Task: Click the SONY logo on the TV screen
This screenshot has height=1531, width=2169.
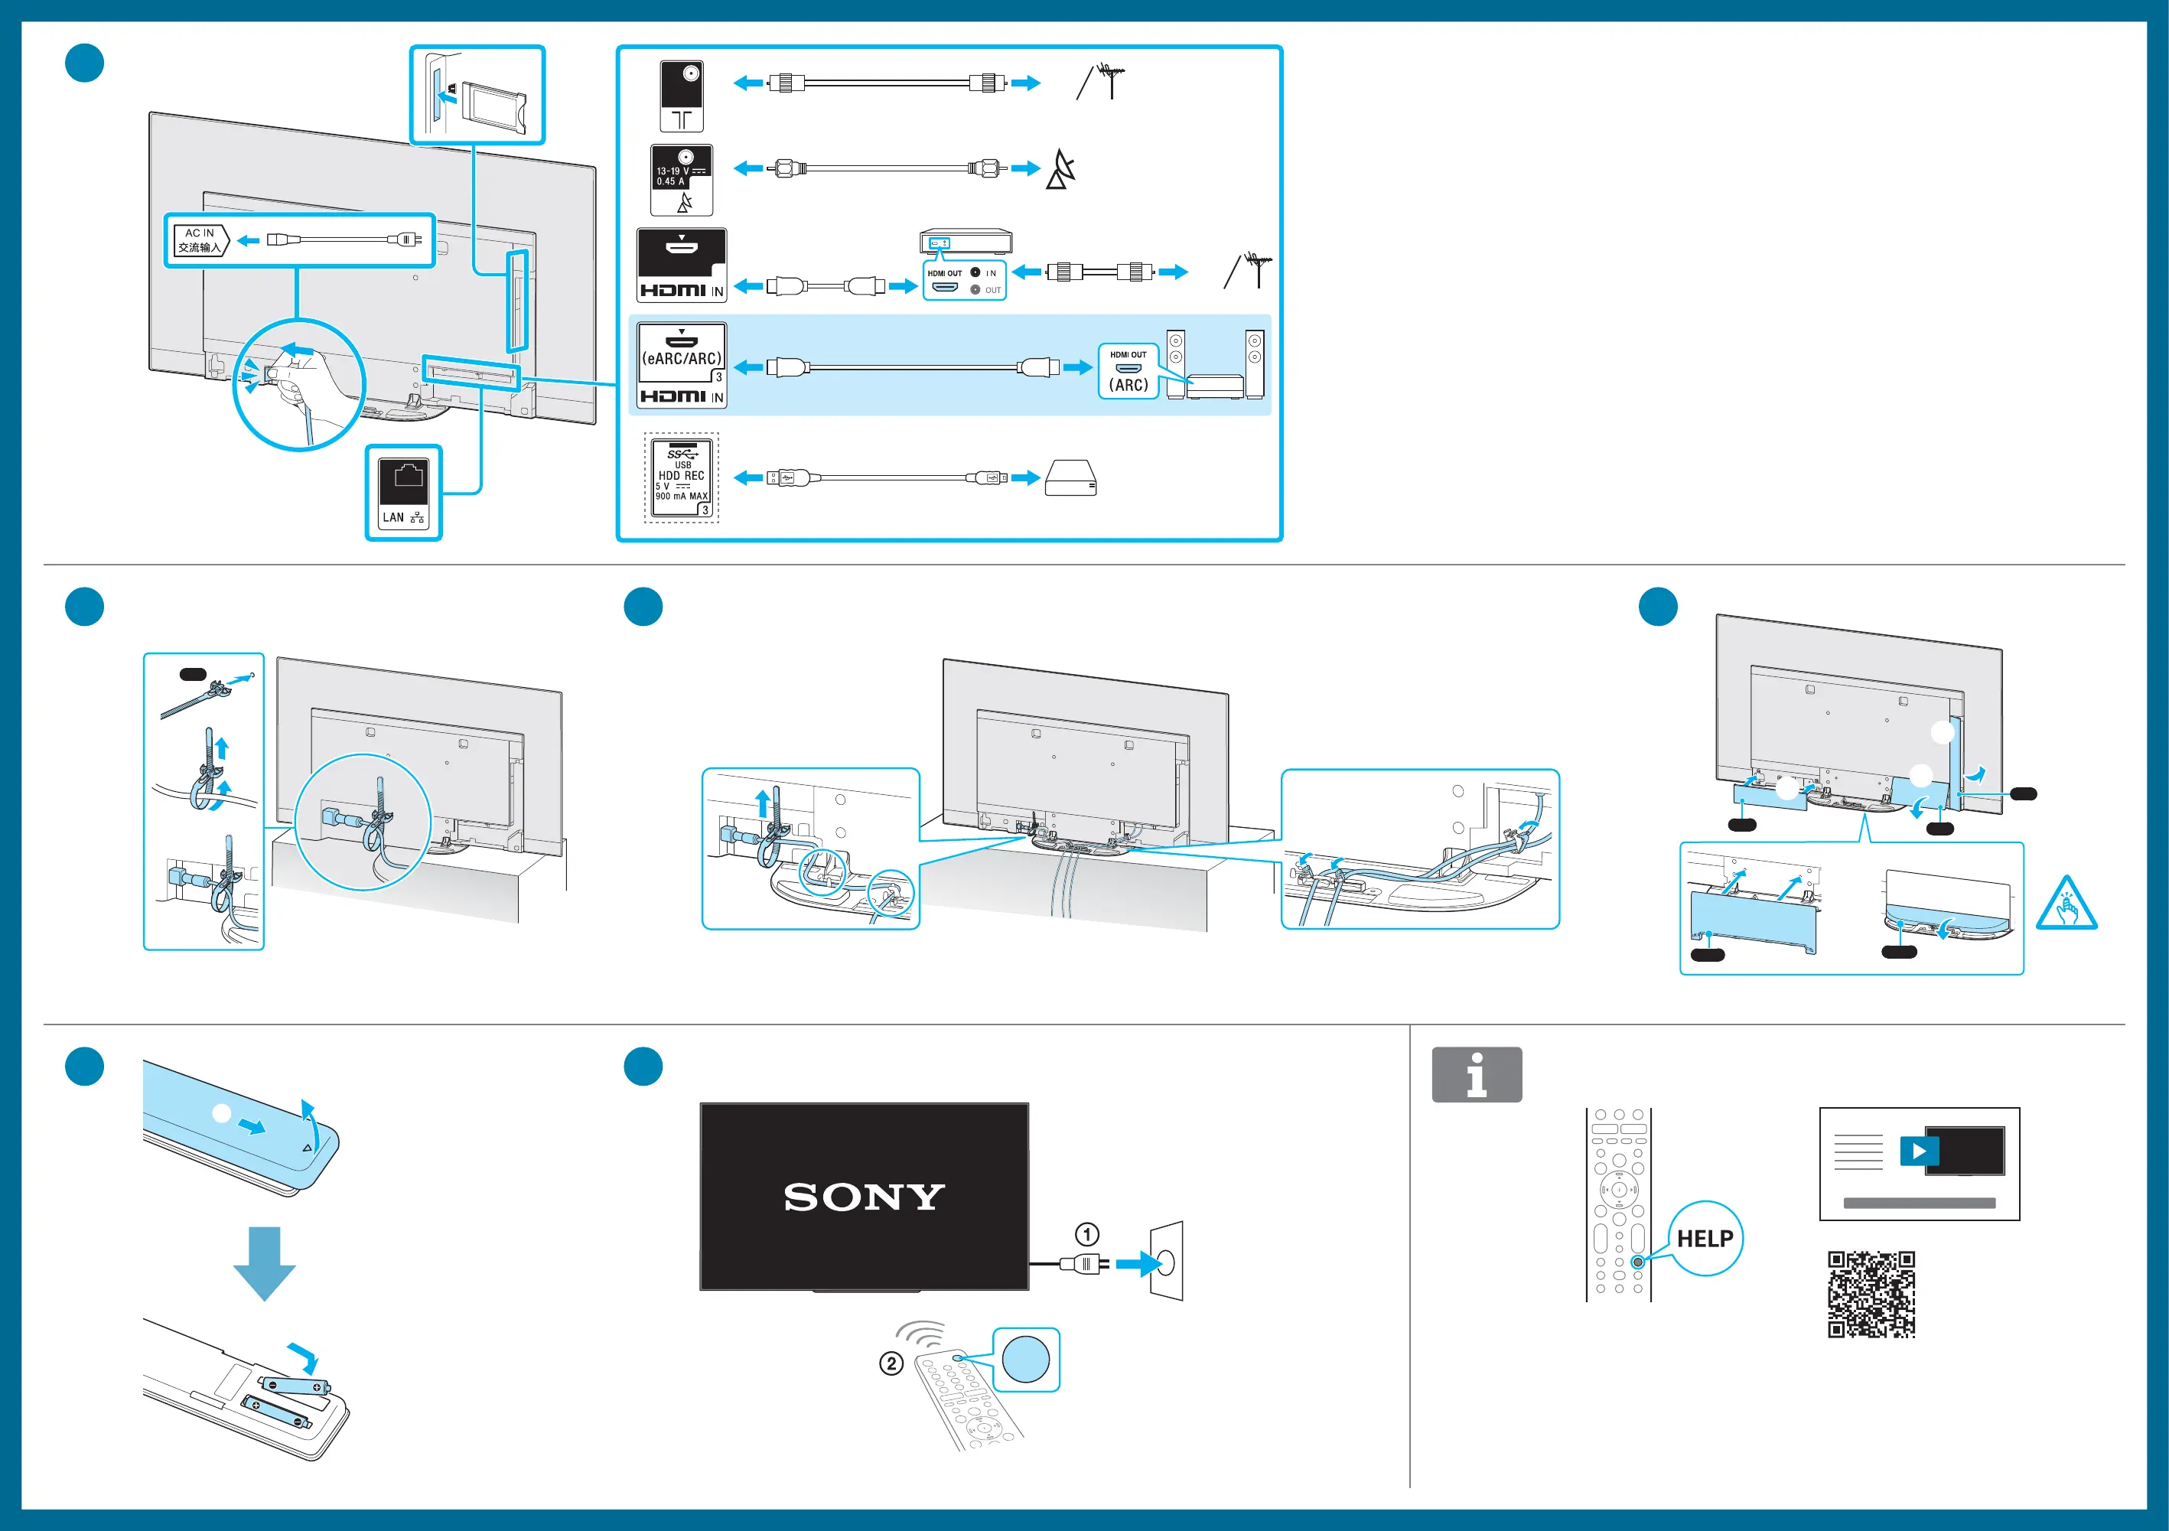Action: (864, 1197)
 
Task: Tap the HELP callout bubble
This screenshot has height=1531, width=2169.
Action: (1705, 1238)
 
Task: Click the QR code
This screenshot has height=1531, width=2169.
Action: (1871, 1294)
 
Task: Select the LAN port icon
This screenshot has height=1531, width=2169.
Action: (403, 492)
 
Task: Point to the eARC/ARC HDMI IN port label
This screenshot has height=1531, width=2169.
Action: (681, 364)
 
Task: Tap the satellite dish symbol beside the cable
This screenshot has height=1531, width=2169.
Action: (1061, 169)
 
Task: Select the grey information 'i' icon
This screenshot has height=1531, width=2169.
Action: (1477, 1075)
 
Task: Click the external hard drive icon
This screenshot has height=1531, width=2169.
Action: (1070, 478)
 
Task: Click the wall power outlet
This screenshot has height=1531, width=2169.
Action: (1166, 1262)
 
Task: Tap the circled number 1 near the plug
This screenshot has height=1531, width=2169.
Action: (1086, 1234)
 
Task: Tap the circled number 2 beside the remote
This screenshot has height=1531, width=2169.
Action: (891, 1363)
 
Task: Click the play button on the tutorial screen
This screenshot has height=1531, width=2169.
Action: (1919, 1152)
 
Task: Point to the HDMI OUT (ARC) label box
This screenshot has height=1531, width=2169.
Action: (1128, 371)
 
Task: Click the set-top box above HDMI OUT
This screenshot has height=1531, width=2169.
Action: (966, 241)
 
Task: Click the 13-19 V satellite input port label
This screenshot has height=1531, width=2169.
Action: (681, 180)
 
